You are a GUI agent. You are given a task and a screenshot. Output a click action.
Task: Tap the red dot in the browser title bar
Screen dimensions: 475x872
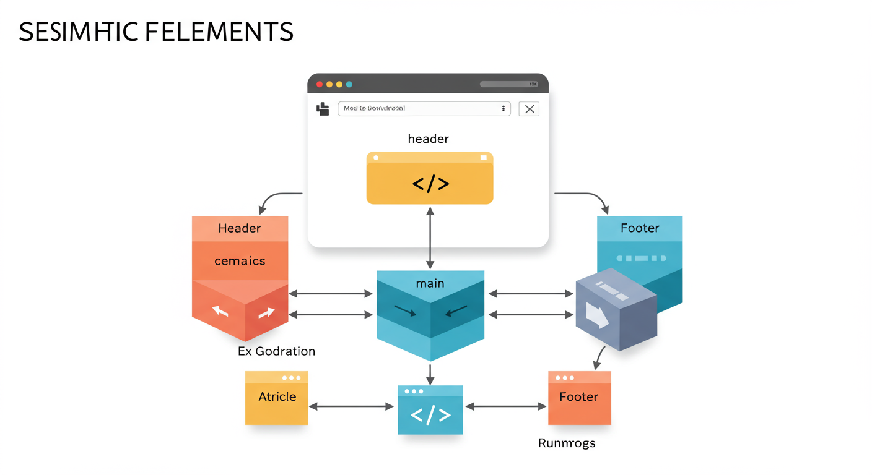[x=320, y=84]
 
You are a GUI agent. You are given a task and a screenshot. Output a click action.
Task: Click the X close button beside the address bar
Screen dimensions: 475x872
[x=529, y=109]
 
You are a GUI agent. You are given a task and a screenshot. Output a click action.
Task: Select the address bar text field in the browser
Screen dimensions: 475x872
[x=424, y=108]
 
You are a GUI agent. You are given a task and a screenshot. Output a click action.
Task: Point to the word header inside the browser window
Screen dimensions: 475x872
[x=428, y=139]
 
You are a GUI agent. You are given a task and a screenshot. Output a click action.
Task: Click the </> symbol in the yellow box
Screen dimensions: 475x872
[x=430, y=183]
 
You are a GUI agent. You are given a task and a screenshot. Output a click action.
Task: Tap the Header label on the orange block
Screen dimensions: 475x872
[x=240, y=228]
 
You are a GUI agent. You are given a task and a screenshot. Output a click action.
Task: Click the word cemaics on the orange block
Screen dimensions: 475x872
[x=240, y=261]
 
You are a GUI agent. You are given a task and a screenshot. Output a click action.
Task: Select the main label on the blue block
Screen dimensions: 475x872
[x=430, y=283]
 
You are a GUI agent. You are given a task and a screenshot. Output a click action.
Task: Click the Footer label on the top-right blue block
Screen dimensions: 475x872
[x=640, y=228]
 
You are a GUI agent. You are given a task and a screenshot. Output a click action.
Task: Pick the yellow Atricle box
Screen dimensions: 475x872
[x=276, y=398]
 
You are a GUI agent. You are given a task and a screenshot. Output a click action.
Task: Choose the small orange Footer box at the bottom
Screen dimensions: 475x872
[x=579, y=398]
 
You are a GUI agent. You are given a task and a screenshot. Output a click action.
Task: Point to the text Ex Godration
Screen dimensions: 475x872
[x=276, y=351]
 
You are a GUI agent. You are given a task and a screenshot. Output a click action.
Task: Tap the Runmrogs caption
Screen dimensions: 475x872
[x=567, y=443]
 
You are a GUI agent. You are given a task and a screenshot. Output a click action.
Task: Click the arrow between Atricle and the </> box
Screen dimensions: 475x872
[x=351, y=406]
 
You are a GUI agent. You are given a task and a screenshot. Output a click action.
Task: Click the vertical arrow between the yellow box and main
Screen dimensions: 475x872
[x=430, y=238]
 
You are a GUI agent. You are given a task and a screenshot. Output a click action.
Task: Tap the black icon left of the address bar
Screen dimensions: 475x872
[x=323, y=109]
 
